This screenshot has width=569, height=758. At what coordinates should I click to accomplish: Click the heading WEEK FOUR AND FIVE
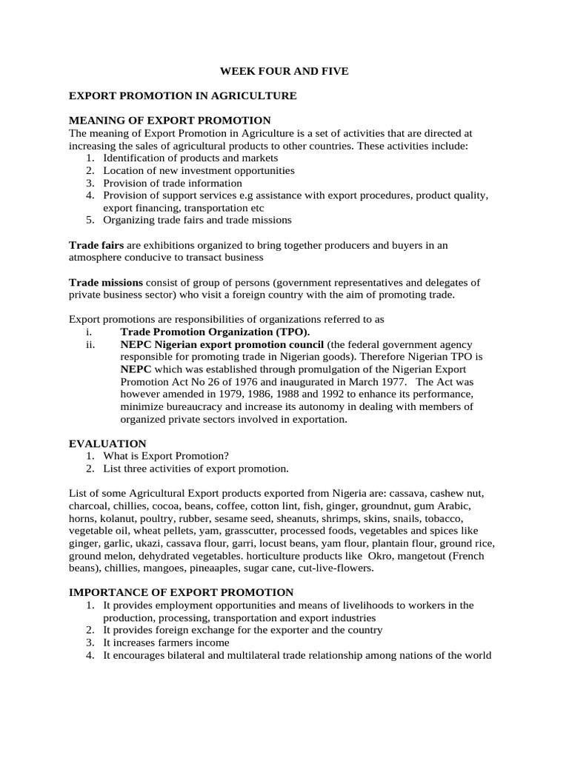tap(284, 71)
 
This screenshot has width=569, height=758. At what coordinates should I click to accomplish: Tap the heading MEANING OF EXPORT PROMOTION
tap(170, 120)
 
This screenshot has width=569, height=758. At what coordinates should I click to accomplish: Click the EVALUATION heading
tap(107, 443)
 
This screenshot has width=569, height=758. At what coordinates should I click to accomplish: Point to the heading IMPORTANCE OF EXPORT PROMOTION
tap(182, 592)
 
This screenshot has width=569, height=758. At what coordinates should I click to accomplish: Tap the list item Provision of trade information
tap(173, 183)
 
